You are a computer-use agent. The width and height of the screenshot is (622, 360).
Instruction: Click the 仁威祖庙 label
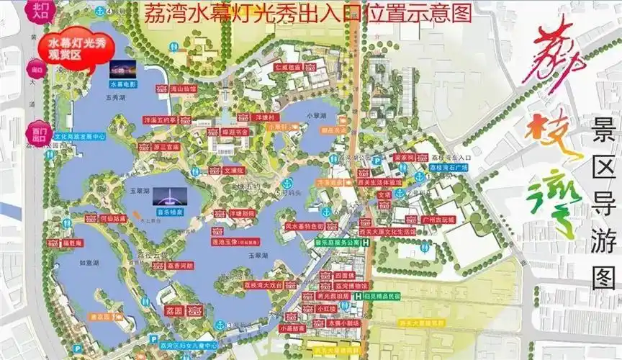[287, 67]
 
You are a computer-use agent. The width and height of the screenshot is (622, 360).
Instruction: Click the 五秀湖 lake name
[115, 95]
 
